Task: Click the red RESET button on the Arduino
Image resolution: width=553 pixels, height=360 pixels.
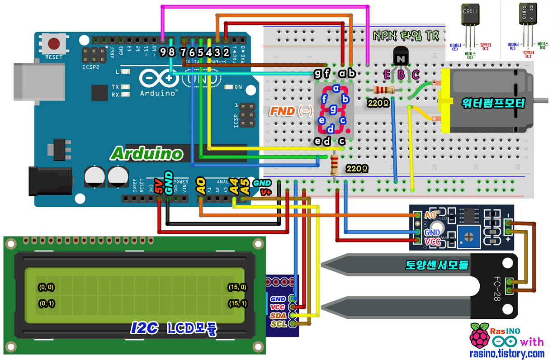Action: [55, 44]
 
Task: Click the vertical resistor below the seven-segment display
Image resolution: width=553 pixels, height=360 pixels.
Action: [335, 165]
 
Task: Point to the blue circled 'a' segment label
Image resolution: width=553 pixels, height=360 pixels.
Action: [336, 88]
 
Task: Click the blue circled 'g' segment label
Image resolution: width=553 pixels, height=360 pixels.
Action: [333, 109]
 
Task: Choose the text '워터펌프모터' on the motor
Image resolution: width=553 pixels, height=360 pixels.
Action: [493, 104]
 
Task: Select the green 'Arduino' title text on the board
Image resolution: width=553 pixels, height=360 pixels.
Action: [147, 154]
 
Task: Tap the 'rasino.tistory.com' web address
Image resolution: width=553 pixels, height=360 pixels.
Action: [506, 353]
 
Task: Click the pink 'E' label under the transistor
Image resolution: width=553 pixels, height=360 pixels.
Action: [387, 75]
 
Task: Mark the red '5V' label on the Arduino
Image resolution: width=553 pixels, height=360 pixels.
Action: [159, 187]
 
